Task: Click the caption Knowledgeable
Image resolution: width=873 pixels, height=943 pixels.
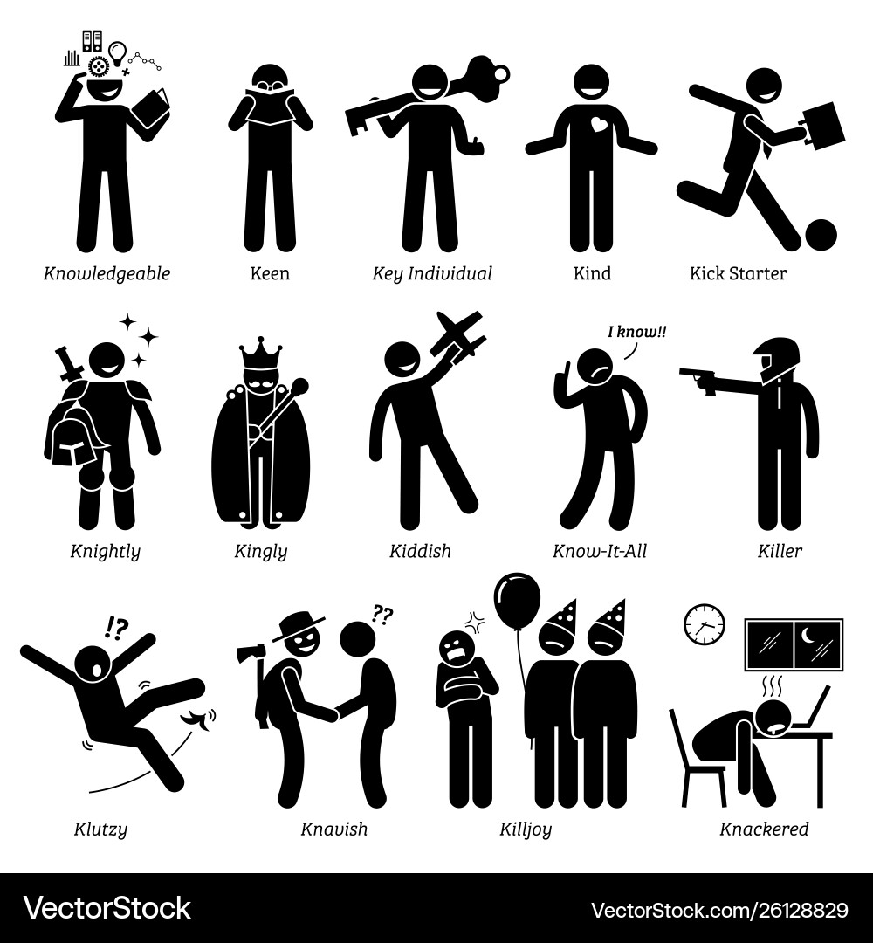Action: [107, 273]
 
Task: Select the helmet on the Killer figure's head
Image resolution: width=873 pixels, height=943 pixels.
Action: [773, 358]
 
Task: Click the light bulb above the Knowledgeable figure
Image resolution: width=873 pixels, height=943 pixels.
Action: [120, 48]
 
